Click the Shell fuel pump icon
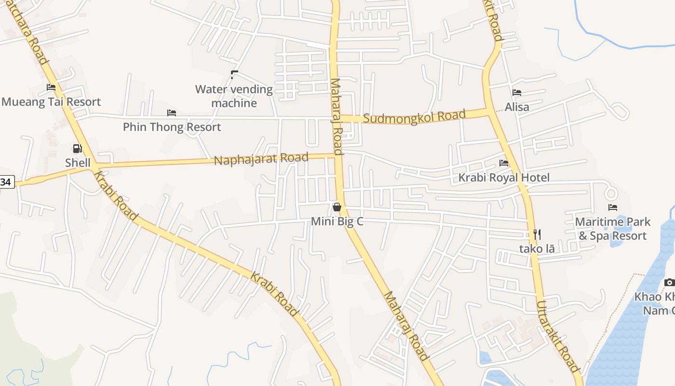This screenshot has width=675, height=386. click(77, 148)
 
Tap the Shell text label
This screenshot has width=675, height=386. click(78, 163)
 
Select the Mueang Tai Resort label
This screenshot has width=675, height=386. click(51, 102)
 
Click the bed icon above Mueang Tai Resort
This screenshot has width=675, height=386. click(51, 87)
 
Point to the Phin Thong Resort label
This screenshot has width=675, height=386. click(172, 127)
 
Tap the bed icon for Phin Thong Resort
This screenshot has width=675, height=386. click(172, 113)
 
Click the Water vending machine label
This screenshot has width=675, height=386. click(234, 96)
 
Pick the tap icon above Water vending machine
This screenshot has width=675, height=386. click(234, 74)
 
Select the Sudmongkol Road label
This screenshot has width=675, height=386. click(414, 116)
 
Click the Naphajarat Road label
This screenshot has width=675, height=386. click(261, 158)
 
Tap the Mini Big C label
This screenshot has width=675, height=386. click(337, 221)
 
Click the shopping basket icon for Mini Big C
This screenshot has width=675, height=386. click(337, 207)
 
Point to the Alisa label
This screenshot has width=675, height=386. click(517, 107)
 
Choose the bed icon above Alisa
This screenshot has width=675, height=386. click(517, 93)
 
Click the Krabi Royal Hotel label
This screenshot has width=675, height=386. click(503, 178)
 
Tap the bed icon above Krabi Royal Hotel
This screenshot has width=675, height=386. click(504, 163)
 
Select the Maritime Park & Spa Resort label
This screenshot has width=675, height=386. click(613, 229)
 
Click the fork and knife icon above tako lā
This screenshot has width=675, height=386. click(537, 234)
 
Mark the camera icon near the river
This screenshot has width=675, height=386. click(669, 282)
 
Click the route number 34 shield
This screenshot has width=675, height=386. click(7, 182)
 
